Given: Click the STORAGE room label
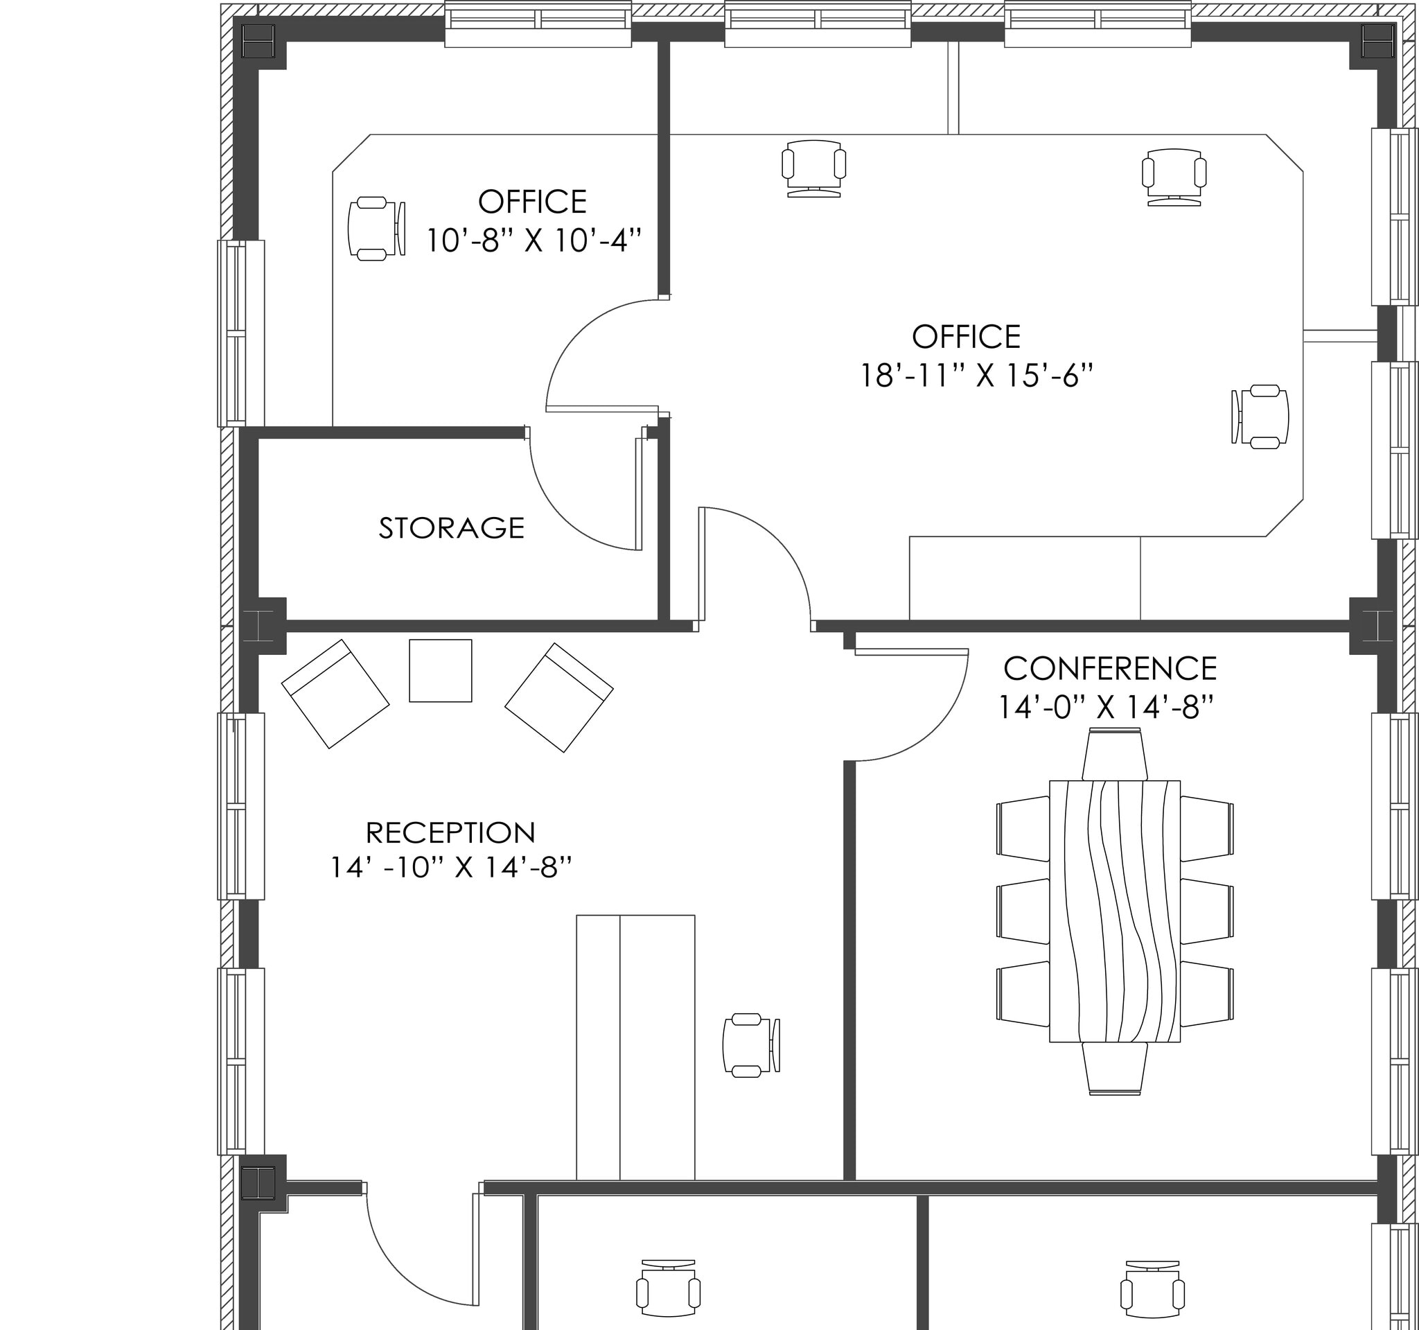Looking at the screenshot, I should [x=451, y=528].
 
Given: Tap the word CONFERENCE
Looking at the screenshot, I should [x=1110, y=669].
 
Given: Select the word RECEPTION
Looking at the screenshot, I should [x=450, y=832].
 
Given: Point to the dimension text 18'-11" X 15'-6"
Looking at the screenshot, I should [x=976, y=376].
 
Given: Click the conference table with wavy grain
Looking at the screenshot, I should [x=1114, y=911].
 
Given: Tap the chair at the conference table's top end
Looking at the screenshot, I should [x=1114, y=755].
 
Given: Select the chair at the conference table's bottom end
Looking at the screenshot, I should [x=1114, y=1069].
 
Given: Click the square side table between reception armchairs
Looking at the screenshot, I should [x=441, y=670].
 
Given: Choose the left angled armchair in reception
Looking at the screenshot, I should [x=335, y=694].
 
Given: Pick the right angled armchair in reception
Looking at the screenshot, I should [x=559, y=697].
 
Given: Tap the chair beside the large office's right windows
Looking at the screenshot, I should [x=1260, y=417].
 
